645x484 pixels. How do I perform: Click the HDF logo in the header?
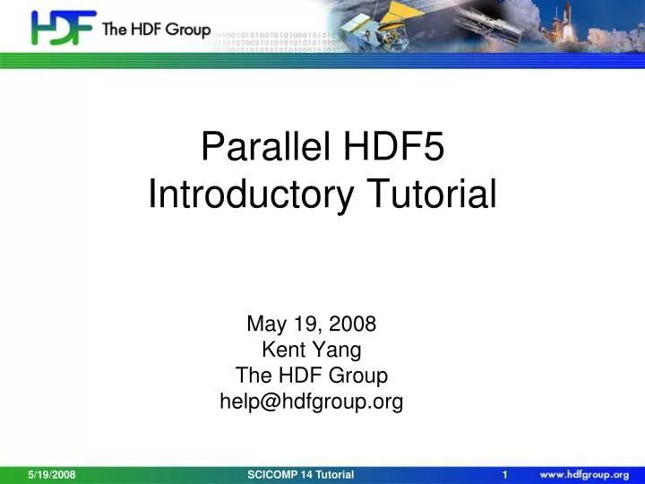(x=63, y=29)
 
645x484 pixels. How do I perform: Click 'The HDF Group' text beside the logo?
(x=157, y=30)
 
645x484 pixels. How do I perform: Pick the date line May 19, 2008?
(x=311, y=324)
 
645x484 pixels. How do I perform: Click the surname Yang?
(x=340, y=350)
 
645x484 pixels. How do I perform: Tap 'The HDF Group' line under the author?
(x=311, y=376)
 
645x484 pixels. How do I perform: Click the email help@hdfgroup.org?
(x=311, y=402)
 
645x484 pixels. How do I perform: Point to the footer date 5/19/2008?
(x=51, y=474)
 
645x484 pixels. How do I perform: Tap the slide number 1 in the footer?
(x=506, y=474)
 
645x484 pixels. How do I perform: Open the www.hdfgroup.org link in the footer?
(x=583, y=474)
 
